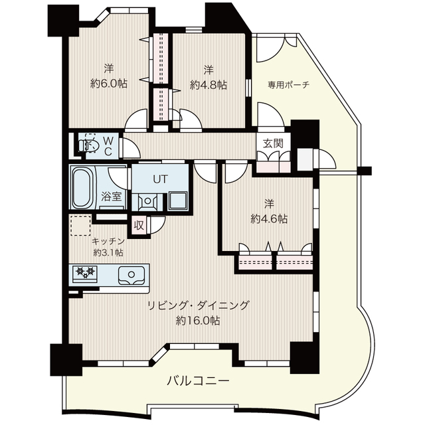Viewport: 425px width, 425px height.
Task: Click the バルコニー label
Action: click(198, 381)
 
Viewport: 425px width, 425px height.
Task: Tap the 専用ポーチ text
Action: click(288, 85)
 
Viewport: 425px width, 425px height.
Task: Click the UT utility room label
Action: click(159, 179)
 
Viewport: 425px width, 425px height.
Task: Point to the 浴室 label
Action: click(111, 197)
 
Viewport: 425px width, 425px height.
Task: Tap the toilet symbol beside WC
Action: click(87, 145)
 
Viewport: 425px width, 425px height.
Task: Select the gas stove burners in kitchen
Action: click(85, 273)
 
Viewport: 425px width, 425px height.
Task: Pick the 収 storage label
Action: click(139, 225)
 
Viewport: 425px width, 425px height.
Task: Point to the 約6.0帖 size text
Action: click(109, 84)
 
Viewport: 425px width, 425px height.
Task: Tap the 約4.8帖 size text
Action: click(208, 84)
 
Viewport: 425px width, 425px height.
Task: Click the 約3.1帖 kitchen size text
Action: click(108, 253)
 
